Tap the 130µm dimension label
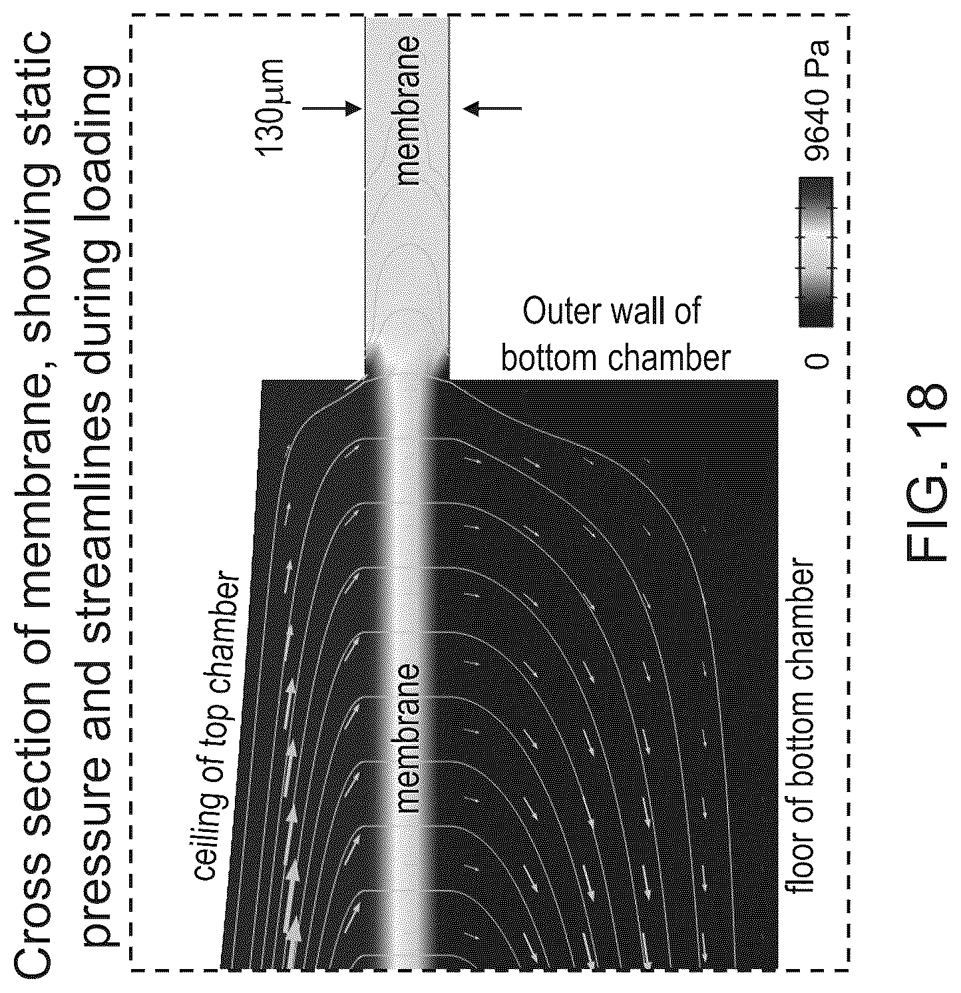click(271, 107)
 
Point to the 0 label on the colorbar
click(817, 360)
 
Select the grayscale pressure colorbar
click(816, 252)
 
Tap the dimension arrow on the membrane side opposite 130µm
click(492, 108)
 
